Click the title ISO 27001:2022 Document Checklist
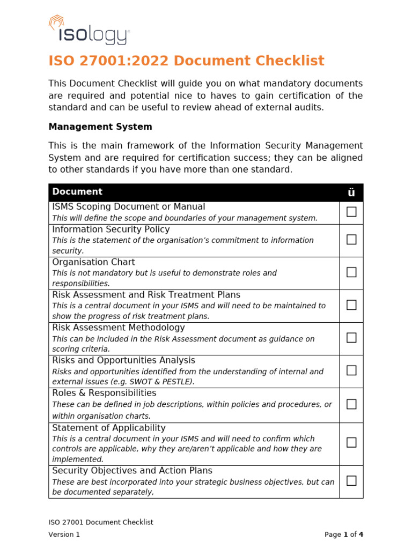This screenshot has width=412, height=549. click(x=186, y=61)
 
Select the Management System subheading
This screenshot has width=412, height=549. click(x=100, y=127)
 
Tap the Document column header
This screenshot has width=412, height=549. click(x=77, y=192)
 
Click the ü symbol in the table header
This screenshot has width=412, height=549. click(x=351, y=193)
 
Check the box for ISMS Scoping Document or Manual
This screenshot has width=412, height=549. click(x=351, y=212)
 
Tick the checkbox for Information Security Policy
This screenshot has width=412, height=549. click(x=351, y=240)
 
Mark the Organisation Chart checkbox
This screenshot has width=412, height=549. click(x=351, y=272)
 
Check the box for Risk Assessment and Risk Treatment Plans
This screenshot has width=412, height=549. click(x=351, y=305)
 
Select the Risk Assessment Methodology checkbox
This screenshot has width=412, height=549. click(x=351, y=338)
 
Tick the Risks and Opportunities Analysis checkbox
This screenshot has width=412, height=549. click(x=351, y=370)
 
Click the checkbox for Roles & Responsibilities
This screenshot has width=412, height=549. click(x=351, y=404)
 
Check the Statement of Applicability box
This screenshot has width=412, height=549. click(x=351, y=443)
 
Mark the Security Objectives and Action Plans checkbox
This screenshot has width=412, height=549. click(x=351, y=481)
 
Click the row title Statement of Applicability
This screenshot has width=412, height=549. click(x=109, y=428)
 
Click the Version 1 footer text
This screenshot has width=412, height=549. click(x=64, y=534)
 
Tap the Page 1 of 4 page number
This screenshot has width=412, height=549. click(x=344, y=534)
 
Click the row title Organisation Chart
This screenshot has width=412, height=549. click(x=93, y=262)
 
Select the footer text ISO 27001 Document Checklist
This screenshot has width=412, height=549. click(x=101, y=522)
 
